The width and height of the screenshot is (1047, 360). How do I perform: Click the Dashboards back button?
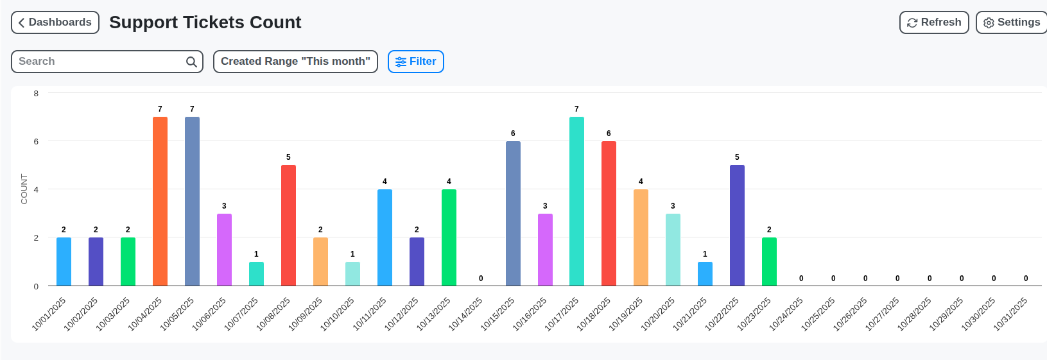[x=55, y=22]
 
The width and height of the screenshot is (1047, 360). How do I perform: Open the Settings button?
[x=1012, y=22]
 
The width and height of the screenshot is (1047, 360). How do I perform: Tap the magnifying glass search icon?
[x=191, y=62]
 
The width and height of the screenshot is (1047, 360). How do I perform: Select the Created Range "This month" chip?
[x=295, y=62]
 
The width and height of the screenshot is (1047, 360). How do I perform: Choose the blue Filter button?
[x=416, y=62]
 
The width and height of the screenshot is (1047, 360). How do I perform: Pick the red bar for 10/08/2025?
[x=288, y=225]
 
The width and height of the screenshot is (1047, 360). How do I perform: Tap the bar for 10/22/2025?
[x=737, y=225]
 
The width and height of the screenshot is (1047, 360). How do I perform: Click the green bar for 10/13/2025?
[x=449, y=237]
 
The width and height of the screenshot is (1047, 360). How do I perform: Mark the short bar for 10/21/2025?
[x=705, y=274]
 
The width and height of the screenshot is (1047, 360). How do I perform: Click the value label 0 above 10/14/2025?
[x=481, y=279]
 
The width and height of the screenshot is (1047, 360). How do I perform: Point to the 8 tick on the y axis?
[x=36, y=94]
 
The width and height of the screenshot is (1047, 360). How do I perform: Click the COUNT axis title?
[x=24, y=189]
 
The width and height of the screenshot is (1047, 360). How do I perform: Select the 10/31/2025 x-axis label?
[x=1010, y=314]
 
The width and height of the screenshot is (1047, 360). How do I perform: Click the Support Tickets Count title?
[x=205, y=22]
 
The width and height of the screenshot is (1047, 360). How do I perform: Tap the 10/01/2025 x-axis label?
[x=49, y=314]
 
